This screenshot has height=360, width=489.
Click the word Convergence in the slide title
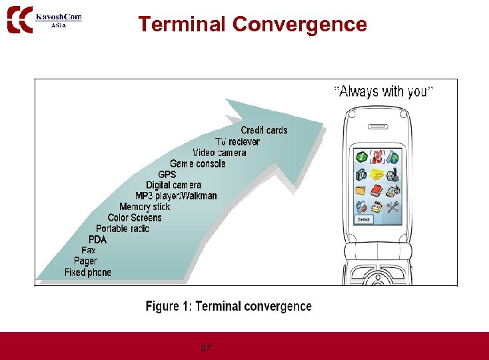(x=300, y=25)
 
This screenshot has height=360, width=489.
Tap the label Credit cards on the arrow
(x=264, y=130)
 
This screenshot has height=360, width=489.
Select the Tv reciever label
(x=237, y=141)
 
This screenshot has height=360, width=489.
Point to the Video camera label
(x=219, y=153)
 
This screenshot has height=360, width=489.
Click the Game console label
(x=197, y=163)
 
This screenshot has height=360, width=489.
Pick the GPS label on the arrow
(x=167, y=175)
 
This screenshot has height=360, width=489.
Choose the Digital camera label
(x=173, y=185)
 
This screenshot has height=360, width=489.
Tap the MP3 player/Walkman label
(x=176, y=196)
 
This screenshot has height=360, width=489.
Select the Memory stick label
(x=145, y=207)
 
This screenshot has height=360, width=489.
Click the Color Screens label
(x=135, y=217)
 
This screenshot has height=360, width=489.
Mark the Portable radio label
(x=123, y=229)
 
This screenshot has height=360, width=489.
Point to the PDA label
(x=97, y=239)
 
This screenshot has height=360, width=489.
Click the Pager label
(x=85, y=261)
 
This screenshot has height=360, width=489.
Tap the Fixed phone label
(x=88, y=272)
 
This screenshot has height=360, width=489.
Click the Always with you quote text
(x=383, y=92)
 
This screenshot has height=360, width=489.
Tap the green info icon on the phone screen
(x=360, y=158)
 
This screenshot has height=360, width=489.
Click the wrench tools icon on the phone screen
(x=393, y=206)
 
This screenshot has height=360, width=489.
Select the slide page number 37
(x=206, y=348)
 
